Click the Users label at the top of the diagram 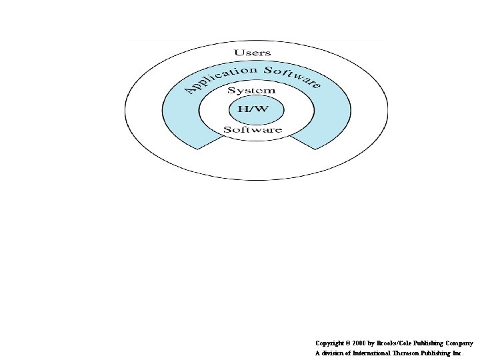[x=253, y=52]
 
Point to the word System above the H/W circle [x=251, y=90]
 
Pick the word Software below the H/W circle [x=253, y=129]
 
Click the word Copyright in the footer [x=331, y=343]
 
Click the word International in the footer [x=369, y=353]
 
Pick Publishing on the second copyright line [x=437, y=353]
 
